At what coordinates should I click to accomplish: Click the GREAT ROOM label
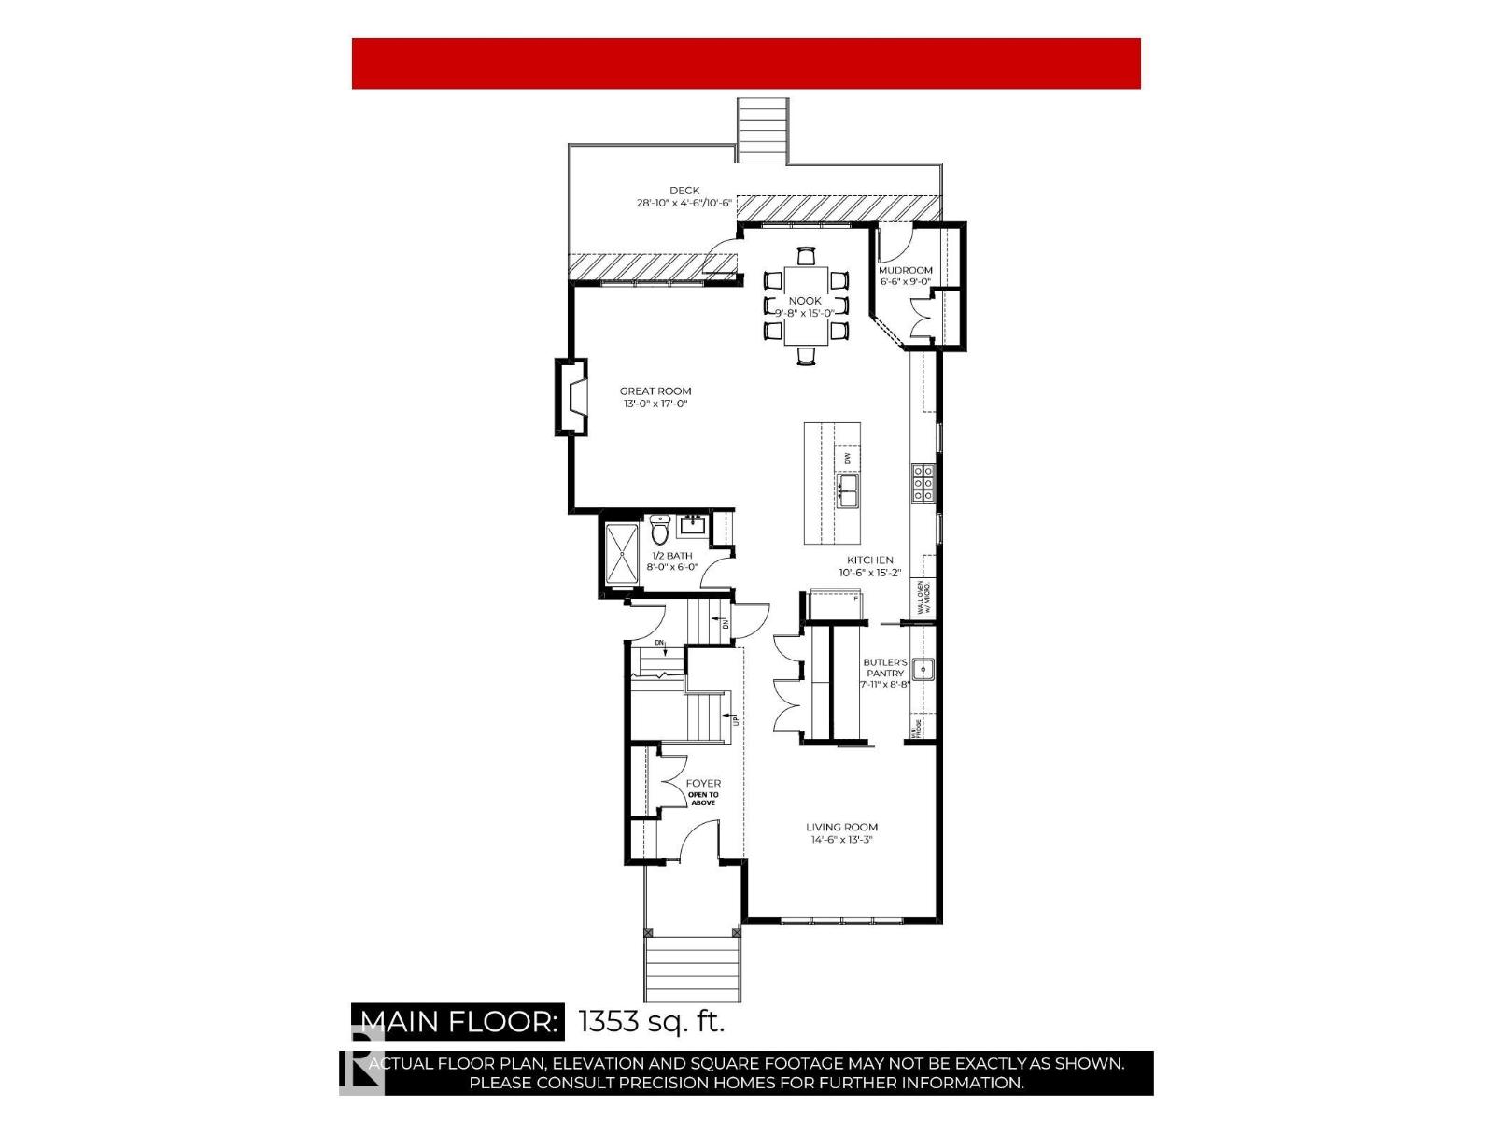click(x=655, y=391)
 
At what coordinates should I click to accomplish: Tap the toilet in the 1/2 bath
click(x=660, y=530)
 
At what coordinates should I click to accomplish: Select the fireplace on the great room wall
click(x=571, y=397)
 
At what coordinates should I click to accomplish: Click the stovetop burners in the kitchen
click(x=923, y=484)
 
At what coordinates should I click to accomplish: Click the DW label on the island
click(x=848, y=459)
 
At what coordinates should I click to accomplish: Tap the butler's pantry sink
click(x=923, y=669)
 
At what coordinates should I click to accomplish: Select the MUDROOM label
click(x=905, y=270)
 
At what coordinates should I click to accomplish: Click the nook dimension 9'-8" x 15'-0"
click(x=805, y=313)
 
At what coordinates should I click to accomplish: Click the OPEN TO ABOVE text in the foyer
click(x=703, y=798)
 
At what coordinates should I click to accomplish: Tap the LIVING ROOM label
click(x=841, y=827)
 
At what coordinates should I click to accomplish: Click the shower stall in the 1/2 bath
click(x=622, y=553)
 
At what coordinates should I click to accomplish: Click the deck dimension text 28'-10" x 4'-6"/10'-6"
click(x=684, y=203)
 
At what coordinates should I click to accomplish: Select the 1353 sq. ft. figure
click(x=652, y=1021)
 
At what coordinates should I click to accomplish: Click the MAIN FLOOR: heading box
click(x=458, y=1021)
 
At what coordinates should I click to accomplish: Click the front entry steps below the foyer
click(x=692, y=968)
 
